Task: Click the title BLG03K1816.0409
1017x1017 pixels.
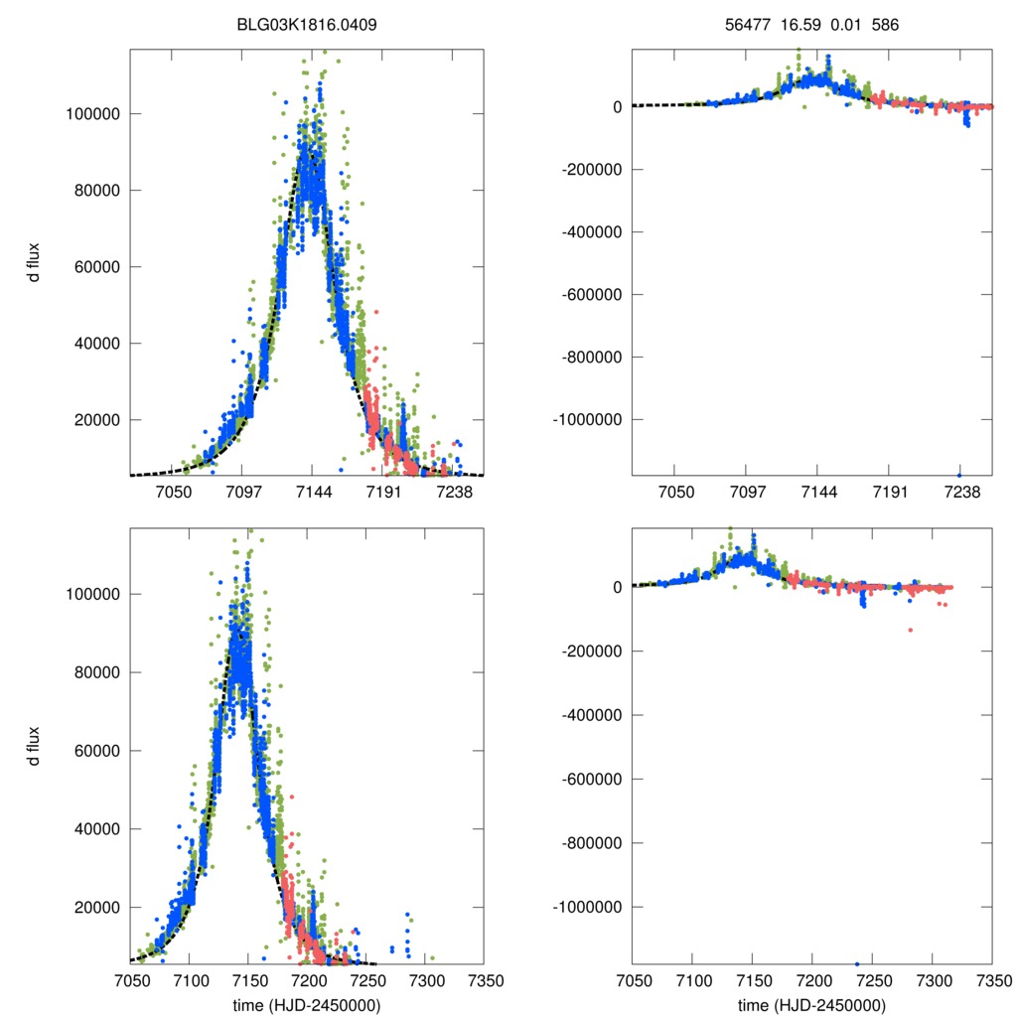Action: [x=307, y=25]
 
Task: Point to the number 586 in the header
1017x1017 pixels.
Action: [x=886, y=25]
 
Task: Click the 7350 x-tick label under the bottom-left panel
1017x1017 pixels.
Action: [x=484, y=980]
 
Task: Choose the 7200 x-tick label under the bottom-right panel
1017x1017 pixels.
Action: [x=812, y=980]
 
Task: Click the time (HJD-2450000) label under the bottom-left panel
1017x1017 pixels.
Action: [x=307, y=1004]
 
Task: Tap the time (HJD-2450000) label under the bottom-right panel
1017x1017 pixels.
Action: [x=811, y=1004]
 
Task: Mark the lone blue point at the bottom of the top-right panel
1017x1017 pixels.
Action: [x=959, y=475]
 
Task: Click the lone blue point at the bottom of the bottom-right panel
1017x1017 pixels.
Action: [x=856, y=963]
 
